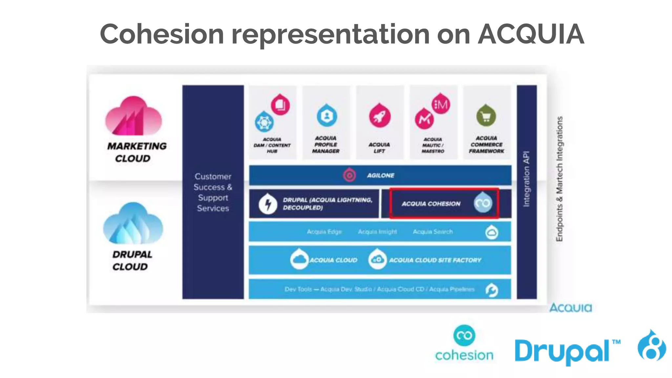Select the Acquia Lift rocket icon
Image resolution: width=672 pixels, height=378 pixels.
pos(380,116)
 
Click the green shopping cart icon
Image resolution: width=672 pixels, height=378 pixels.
pos(486,116)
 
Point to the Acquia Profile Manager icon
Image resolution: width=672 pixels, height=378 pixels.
pos(326,116)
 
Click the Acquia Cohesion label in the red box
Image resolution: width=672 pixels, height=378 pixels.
pos(431,204)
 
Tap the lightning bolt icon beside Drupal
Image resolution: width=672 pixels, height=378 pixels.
pos(268,204)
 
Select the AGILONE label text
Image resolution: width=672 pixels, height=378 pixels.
pos(381,176)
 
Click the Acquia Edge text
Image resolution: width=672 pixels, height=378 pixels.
pos(324,232)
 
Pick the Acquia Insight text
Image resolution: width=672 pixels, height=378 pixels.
pos(377,232)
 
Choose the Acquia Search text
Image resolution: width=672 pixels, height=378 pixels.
pos(432,232)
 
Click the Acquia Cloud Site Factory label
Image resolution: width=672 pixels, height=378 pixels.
pos(435,260)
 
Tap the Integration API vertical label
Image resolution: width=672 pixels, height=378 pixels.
pos(526,179)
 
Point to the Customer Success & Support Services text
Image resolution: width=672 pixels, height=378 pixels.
pos(213,192)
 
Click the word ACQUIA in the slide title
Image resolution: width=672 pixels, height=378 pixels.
pos(531,34)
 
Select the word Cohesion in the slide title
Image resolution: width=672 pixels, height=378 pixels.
pos(162,34)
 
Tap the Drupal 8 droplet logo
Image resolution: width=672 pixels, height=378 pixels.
pos(651,346)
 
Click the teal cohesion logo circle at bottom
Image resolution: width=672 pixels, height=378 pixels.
pos(464,335)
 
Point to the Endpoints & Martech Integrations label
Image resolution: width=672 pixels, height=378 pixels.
pos(559,179)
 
